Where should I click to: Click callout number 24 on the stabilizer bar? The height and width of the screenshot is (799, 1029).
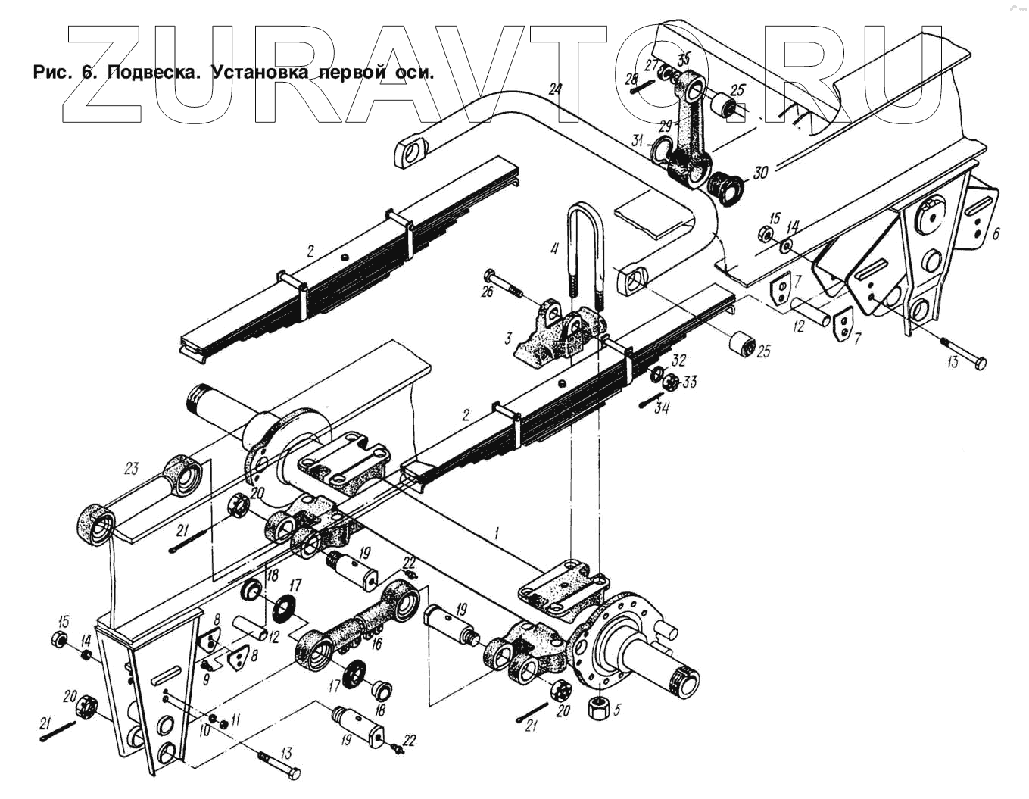point(556,89)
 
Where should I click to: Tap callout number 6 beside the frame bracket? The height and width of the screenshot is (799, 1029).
point(996,233)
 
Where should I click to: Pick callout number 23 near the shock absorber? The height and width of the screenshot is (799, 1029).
point(132,469)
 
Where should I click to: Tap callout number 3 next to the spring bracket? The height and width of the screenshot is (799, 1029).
point(510,337)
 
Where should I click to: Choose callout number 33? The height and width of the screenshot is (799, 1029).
point(689,382)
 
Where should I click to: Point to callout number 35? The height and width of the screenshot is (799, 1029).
point(684,59)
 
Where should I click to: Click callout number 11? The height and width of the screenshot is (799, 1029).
point(235,717)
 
